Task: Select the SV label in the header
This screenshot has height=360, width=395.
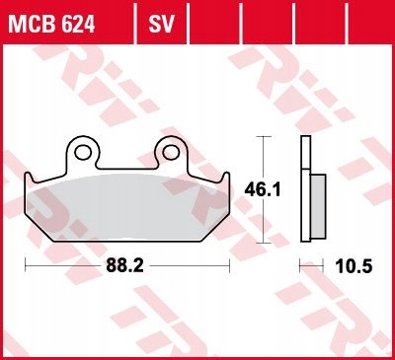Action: [x=160, y=20]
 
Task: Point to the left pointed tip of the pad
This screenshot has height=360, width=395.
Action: [x=27, y=179]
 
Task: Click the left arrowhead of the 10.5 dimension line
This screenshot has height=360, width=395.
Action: [x=302, y=266]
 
